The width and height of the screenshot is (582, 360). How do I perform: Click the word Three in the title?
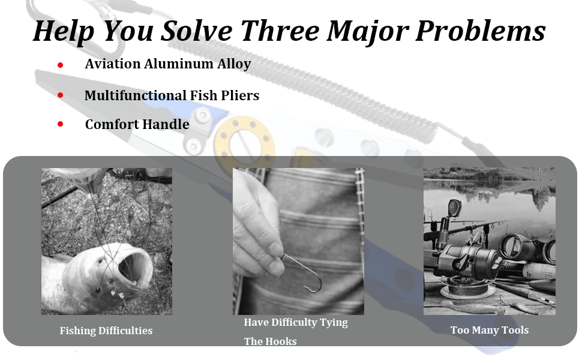(280, 31)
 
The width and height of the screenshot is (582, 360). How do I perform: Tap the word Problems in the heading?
(480, 31)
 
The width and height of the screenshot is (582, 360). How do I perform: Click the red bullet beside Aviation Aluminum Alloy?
(60, 65)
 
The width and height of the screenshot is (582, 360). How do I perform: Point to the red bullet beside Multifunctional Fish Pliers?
(60, 95)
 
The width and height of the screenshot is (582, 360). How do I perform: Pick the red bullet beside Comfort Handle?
(60, 124)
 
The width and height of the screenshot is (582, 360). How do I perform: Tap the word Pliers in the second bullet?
(240, 95)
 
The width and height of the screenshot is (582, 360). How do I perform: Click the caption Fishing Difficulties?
(106, 331)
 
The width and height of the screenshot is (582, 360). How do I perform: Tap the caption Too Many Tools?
(490, 329)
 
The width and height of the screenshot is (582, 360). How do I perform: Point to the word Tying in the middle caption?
(334, 323)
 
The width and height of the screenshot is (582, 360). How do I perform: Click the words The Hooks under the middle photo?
(270, 341)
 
